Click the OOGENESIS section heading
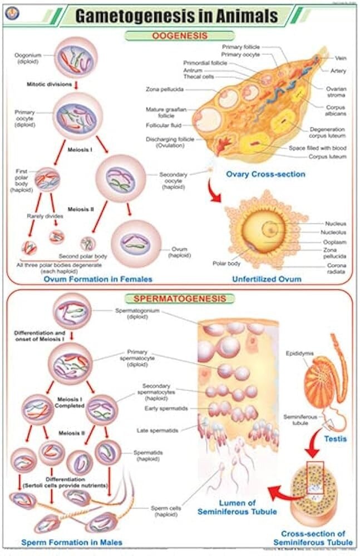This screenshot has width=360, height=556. [180, 36]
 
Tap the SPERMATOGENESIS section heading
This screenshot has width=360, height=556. [179, 299]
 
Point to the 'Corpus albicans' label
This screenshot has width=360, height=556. [336, 110]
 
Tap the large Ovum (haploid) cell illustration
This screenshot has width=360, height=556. [136, 244]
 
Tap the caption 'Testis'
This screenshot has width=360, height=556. [335, 439]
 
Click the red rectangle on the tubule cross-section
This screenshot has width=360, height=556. [315, 477]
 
